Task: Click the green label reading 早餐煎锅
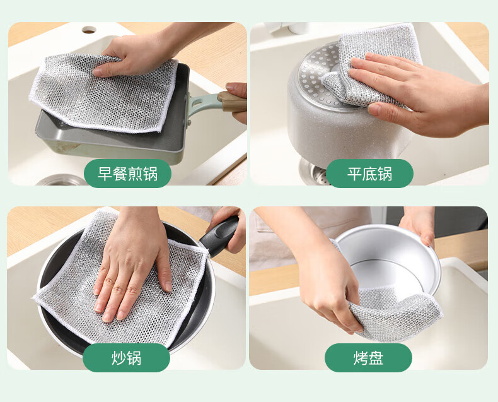127,174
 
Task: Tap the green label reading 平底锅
369,174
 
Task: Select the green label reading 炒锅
126,358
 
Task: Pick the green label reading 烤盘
368,358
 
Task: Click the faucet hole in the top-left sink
89,30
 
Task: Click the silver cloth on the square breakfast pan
103,92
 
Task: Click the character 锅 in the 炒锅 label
134,358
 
